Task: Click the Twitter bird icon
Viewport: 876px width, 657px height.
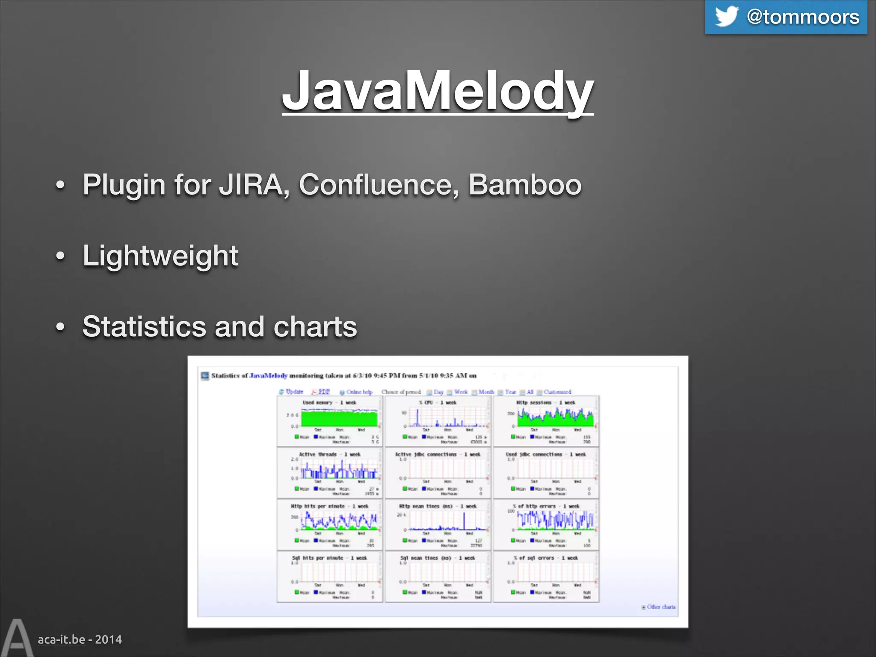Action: click(726, 17)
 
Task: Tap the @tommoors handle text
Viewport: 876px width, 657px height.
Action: click(803, 17)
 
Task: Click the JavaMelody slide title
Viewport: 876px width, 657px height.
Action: click(438, 91)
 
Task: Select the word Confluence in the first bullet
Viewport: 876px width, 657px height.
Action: click(379, 185)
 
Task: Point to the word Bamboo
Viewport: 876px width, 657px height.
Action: click(525, 185)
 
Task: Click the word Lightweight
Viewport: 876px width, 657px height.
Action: click(160, 256)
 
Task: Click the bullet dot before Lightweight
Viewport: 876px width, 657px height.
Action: click(61, 256)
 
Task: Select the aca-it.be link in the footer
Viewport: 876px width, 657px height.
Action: click(62, 639)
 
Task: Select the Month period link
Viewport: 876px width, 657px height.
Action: click(486, 392)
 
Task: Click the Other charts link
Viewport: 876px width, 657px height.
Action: click(661, 607)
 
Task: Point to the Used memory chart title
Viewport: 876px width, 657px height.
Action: click(329, 402)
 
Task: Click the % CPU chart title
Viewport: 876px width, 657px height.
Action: click(438, 402)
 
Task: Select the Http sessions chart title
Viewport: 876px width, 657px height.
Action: click(546, 402)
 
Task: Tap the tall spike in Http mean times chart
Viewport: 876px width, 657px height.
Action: click(464, 520)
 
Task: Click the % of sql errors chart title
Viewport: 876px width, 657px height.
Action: click(546, 558)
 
